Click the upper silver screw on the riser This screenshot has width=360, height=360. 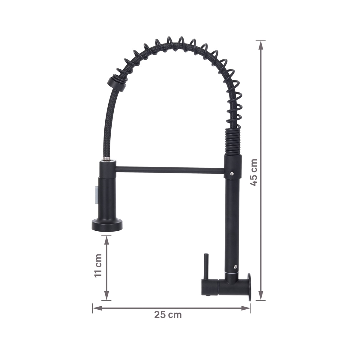click(x=232, y=174)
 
